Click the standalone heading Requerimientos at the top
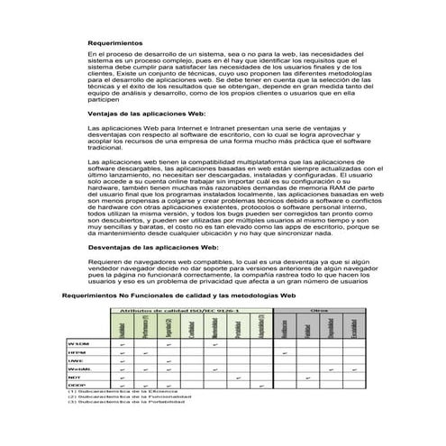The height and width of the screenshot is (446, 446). [x=115, y=43]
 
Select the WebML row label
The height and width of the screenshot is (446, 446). [x=78, y=369]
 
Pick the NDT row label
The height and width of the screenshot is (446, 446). [x=75, y=377]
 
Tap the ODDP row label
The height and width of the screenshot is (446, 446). [x=77, y=385]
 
